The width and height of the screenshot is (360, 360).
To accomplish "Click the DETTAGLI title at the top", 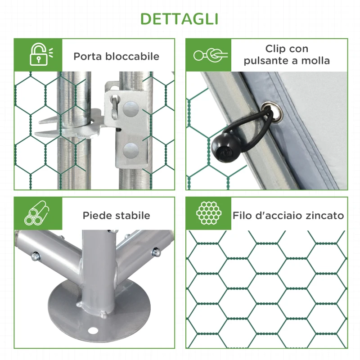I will click(x=180, y=19).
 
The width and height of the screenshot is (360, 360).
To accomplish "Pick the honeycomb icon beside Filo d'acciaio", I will click(x=208, y=213).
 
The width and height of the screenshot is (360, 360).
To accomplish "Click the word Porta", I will click(x=88, y=57).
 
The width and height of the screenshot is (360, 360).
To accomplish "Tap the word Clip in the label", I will click(x=275, y=49).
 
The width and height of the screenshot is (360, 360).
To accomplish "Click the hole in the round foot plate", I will click(x=93, y=331).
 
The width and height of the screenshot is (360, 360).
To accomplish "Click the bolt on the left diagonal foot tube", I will click(x=35, y=256).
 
